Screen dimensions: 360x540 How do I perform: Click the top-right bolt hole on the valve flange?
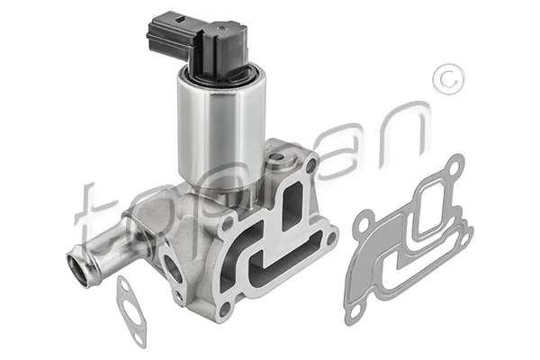click(x=310, y=167)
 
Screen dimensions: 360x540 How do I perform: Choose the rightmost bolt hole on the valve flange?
click(x=330, y=239)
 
